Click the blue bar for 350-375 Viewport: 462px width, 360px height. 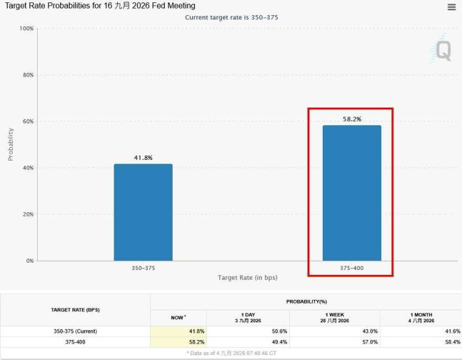click(143, 212)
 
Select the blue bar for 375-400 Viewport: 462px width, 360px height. click(352, 193)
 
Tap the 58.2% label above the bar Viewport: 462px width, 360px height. click(352, 119)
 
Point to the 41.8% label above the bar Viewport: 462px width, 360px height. click(143, 157)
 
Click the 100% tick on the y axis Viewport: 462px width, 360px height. click(27, 29)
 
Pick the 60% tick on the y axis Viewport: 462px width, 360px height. click(28, 121)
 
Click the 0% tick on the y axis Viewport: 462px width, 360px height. click(30, 261)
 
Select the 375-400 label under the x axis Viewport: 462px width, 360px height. click(352, 268)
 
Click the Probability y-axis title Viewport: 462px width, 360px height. click(10, 144)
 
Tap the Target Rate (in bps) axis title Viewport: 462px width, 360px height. click(247, 277)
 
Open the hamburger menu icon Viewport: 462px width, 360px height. click(452, 7)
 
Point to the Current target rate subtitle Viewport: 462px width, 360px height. click(231, 18)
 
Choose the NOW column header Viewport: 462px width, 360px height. click(178, 317)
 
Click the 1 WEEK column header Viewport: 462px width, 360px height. click(335, 317)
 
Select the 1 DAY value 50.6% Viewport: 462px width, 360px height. click(279, 331)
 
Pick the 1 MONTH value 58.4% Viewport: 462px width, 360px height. click(452, 342)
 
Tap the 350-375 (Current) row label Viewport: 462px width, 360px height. click(75, 331)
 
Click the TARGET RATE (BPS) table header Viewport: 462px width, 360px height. click(75, 310)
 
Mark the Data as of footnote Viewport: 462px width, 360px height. click(231, 353)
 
